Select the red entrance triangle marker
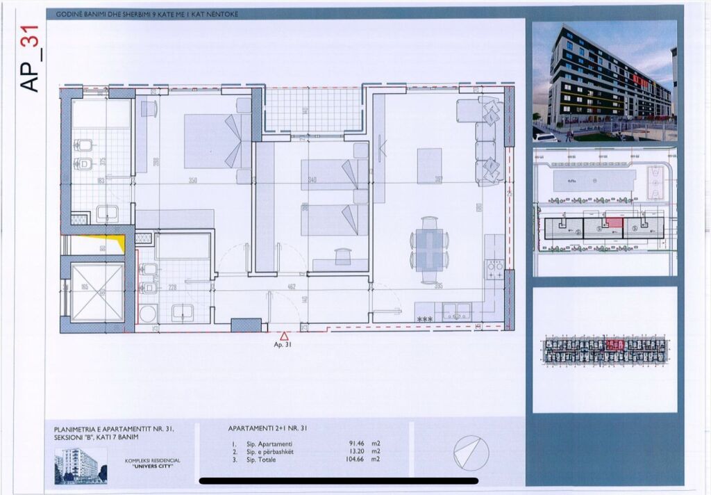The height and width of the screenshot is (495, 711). point(284,334)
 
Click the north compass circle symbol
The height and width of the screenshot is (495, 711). point(470,453)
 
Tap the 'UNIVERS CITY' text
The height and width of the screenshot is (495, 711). point(151,466)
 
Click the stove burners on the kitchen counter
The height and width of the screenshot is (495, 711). point(494,269)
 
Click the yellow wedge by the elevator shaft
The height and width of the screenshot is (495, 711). point(119,243)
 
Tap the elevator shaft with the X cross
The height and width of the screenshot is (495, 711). point(97,292)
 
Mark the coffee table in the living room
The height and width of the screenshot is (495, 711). point(429,165)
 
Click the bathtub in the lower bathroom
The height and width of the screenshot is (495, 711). point(183,246)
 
